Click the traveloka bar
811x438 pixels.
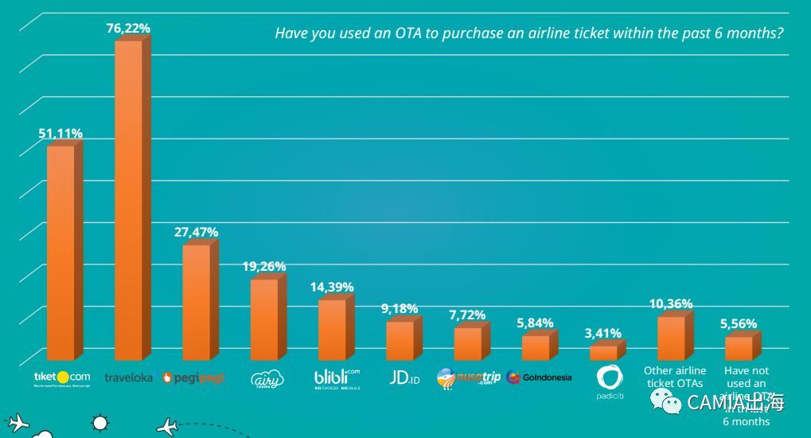pos(129,199)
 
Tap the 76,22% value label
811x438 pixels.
pos(128,29)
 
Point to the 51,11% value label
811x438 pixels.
pos(60,134)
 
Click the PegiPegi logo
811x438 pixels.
pos(193,377)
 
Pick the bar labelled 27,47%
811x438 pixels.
pos(197,302)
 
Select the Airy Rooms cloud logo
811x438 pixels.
pos(267,379)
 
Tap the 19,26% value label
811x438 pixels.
pos(264,267)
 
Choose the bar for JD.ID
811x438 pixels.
pos(400,340)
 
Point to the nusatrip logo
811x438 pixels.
pos(469,377)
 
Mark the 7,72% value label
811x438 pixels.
pos(467,315)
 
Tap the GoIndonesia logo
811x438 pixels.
pos(539,377)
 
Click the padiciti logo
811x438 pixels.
pos(610,381)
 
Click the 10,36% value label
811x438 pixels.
pos(671,304)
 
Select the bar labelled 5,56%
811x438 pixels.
pos(739,348)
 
